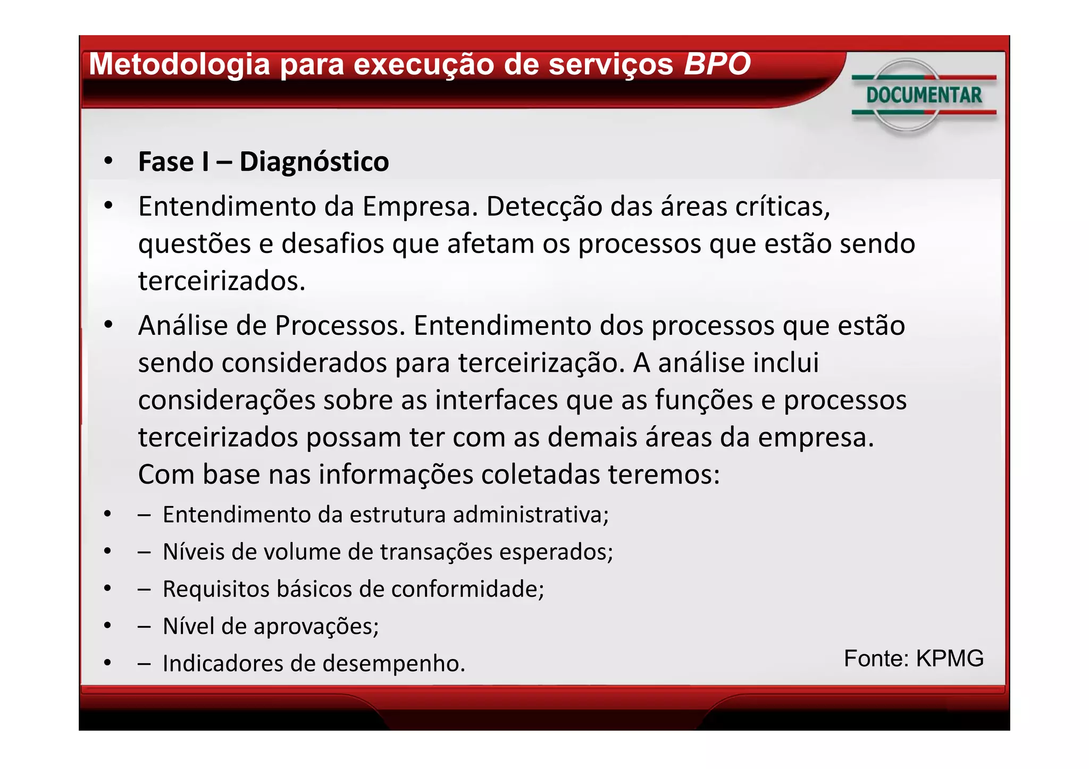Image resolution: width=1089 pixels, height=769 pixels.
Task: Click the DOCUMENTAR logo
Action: tap(924, 96)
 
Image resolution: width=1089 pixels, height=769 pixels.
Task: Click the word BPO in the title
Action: tap(717, 64)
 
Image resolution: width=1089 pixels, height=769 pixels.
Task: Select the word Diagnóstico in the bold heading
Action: tap(314, 162)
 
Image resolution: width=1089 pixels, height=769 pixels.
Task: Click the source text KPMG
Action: tap(950, 658)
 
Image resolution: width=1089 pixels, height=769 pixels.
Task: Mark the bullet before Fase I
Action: tap(108, 160)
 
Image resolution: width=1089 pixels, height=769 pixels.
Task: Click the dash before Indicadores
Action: tap(144, 664)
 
